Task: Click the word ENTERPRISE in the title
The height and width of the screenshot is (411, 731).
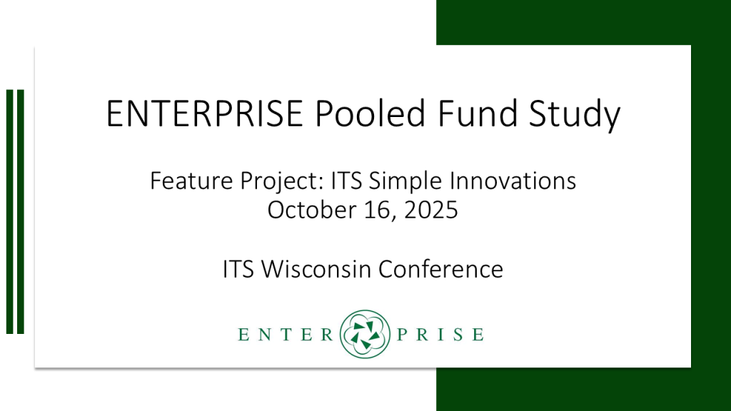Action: tap(205, 113)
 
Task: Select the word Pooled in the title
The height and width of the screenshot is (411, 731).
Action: tap(370, 113)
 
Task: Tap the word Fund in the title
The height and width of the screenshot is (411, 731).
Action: tap(478, 113)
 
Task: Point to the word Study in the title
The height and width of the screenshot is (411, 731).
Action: tap(575, 115)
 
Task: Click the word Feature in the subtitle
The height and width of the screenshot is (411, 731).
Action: tap(191, 181)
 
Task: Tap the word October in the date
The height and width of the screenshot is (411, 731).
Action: tap(311, 210)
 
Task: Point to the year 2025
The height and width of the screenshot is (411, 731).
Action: tap(431, 210)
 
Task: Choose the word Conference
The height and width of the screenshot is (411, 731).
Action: tap(440, 269)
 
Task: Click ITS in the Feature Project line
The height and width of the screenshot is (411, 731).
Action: tap(346, 181)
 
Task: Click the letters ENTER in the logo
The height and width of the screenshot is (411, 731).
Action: tap(286, 335)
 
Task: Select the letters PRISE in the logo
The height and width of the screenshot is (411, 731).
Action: tap(440, 335)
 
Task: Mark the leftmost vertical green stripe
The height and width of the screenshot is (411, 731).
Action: tap(10, 211)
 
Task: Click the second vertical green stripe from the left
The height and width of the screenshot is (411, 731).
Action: tap(21, 211)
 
